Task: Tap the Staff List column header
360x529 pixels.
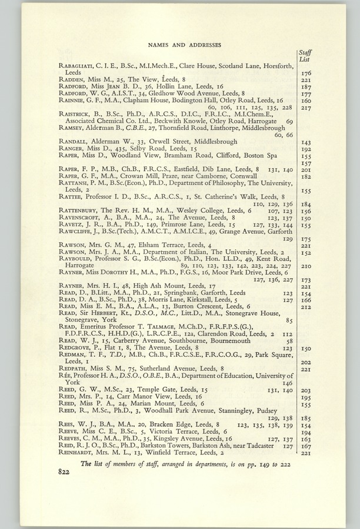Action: click(305, 56)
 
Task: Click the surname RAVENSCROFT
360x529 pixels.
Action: click(79, 217)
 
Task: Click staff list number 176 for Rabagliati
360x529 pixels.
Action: click(305, 73)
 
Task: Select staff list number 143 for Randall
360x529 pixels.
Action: click(305, 142)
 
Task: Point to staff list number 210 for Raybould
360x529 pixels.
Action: click(305, 266)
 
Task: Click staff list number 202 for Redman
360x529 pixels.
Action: click(305, 362)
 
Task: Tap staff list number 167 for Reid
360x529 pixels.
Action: click(305, 446)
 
